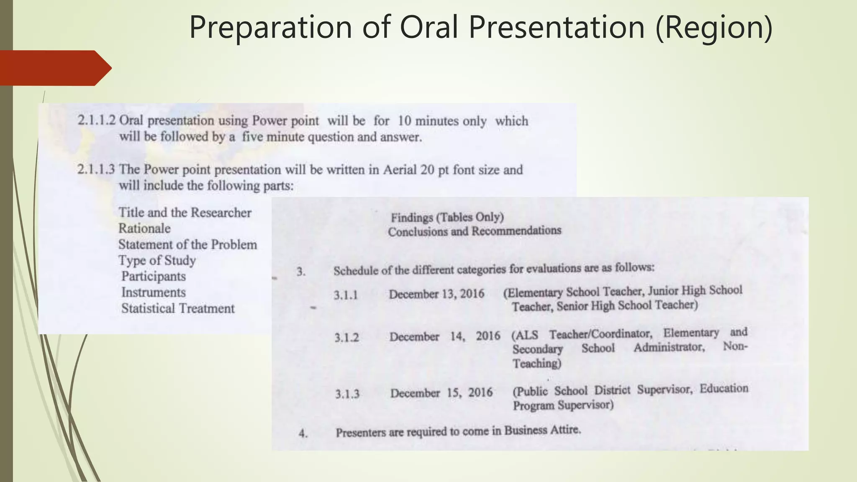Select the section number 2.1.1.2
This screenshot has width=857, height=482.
[96, 120]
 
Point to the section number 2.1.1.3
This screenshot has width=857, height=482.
[96, 169]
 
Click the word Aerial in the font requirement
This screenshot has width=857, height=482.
[400, 169]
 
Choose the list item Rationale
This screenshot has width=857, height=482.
[144, 228]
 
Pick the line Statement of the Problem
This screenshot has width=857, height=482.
[187, 244]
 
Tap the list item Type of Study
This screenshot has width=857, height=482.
[157, 260]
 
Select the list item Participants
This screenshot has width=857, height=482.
[154, 276]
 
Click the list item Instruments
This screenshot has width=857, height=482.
[154, 292]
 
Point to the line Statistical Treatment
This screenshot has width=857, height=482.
[178, 308]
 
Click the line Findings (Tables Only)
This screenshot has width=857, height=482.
[447, 217]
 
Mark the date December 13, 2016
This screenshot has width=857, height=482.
[436, 294]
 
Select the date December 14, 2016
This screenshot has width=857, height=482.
[444, 336]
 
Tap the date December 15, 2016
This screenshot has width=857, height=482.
[441, 393]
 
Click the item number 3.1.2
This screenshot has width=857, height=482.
[346, 338]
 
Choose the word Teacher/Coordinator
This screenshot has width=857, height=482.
[600, 334]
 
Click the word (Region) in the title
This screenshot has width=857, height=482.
[714, 28]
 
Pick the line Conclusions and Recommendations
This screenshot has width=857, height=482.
[475, 231]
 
